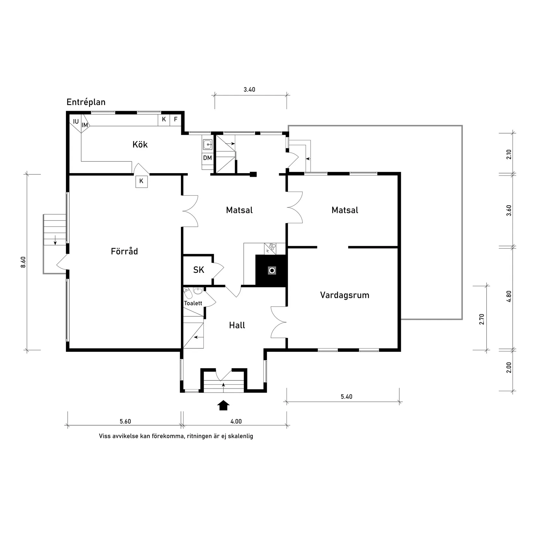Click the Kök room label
pos(140,145)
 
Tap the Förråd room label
pos(124,251)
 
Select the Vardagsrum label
pos(345,295)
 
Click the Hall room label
pos(237,325)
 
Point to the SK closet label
pos(198,270)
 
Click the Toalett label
pos(193,303)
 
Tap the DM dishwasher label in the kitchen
pos(208,158)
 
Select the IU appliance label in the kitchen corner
pos(76,122)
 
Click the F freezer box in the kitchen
pos(176,120)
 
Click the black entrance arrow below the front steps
pos(223,405)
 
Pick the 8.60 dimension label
pos(23,262)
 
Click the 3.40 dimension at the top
pos(249,90)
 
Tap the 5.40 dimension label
pos(346,397)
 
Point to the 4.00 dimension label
pos(236,422)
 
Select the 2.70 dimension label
pos(482,319)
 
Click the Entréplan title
pos(86,102)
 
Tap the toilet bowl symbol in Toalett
pos(187,294)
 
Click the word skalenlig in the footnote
pos(240,436)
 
